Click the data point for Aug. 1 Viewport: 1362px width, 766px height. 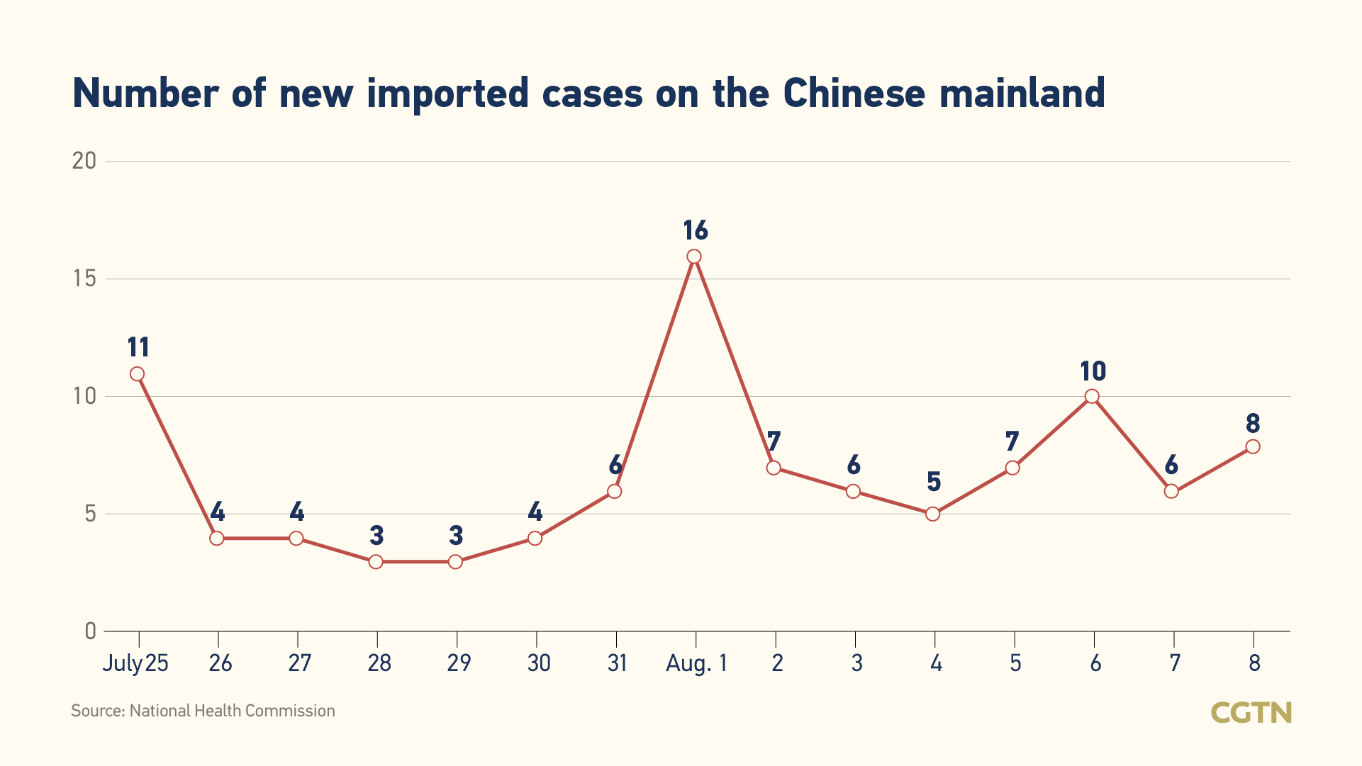coord(694,257)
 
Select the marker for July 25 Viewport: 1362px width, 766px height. coord(138,374)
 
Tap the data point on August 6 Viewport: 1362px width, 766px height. coord(1092,397)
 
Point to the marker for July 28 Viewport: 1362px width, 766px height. coord(376,562)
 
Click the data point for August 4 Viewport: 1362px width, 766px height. coord(933,514)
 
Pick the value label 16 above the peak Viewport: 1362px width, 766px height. coord(696,230)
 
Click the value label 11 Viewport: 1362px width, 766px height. coord(138,348)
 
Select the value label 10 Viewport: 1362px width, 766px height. coord(1093,371)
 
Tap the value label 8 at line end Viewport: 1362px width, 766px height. coord(1253,424)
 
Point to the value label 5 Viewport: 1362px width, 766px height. coord(934,482)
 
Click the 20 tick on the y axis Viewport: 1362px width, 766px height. coord(84,161)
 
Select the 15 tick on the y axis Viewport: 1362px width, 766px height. coord(84,278)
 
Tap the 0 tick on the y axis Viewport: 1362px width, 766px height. coord(90,631)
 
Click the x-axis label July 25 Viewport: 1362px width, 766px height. coord(135,663)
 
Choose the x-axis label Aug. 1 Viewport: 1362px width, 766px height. coord(696,663)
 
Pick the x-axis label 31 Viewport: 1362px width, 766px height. coord(617,663)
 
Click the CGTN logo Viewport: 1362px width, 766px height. coord(1251,712)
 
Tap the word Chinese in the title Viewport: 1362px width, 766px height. coord(854,93)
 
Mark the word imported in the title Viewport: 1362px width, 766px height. coord(447,93)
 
